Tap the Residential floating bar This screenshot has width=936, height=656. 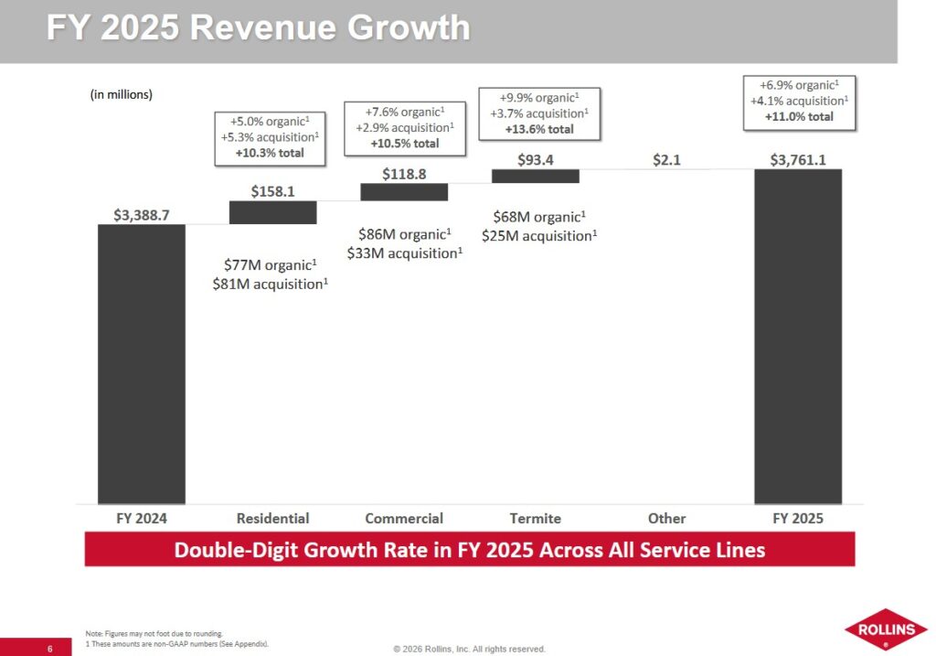(272, 212)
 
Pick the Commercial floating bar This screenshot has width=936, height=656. (404, 192)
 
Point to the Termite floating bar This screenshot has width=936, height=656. (536, 176)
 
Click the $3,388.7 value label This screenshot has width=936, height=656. (141, 215)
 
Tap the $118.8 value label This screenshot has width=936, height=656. (404, 174)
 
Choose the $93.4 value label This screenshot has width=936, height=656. (536, 160)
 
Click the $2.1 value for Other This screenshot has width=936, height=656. (666, 160)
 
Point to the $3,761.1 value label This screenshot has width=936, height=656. (798, 160)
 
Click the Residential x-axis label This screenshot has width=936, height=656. (272, 518)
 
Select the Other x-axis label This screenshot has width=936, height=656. (666, 518)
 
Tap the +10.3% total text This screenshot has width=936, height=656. (270, 153)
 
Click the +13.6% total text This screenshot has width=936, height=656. (539, 129)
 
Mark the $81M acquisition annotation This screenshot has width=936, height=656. (270, 284)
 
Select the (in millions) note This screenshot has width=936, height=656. (121, 94)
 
